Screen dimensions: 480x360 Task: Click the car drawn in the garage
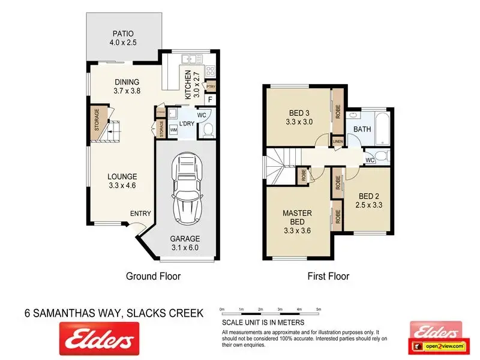click(x=187, y=188)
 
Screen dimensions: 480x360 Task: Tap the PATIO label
click(x=123, y=34)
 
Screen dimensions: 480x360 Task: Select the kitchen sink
click(x=192, y=59)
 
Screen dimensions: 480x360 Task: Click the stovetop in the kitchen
click(x=211, y=71)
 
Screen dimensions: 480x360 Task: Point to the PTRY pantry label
click(x=211, y=86)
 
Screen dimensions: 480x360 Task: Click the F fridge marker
click(x=211, y=100)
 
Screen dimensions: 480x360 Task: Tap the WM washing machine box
click(x=173, y=130)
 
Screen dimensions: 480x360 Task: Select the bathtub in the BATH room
click(x=382, y=128)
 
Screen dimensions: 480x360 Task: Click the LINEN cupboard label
click(x=338, y=142)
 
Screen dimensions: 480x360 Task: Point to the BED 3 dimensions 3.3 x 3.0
click(x=299, y=122)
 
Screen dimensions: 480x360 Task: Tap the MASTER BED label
click(x=297, y=217)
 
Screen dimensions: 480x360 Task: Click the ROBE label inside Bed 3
click(x=338, y=112)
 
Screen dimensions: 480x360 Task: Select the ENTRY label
click(x=140, y=214)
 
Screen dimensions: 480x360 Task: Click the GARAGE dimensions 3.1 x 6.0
click(x=185, y=248)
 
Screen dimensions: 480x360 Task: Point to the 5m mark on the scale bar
click(x=319, y=310)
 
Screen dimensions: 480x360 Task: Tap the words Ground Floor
click(x=154, y=276)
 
